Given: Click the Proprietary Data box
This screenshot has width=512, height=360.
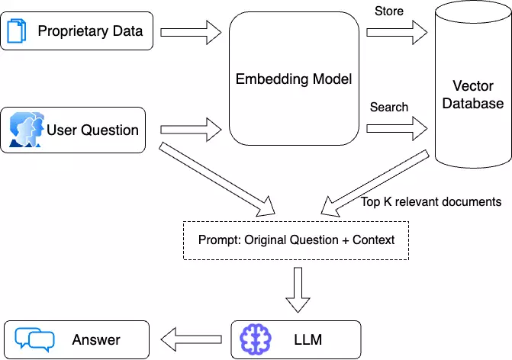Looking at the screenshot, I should tap(76, 32).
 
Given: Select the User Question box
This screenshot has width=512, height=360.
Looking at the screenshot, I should tap(76, 130).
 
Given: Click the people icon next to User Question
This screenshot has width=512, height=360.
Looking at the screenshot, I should tap(25, 130).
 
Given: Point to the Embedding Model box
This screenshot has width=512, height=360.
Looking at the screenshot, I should tap(295, 79).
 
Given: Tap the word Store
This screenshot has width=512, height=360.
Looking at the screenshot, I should tap(389, 11).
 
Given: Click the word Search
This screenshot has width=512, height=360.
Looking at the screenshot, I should tap(389, 107).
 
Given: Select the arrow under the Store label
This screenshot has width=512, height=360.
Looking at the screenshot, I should tap(396, 32).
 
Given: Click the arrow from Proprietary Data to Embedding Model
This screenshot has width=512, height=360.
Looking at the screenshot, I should tap(191, 32).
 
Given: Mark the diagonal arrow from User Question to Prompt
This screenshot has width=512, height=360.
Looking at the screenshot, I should tap(217, 177).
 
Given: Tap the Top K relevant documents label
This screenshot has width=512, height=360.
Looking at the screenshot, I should tap(430, 202).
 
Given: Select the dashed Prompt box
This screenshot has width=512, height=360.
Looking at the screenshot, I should tap(297, 239).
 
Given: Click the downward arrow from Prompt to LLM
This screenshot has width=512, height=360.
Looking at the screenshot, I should tap(295, 291).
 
